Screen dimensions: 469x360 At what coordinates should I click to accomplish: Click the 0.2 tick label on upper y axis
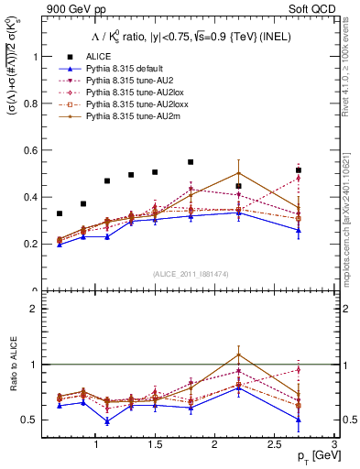(33, 245)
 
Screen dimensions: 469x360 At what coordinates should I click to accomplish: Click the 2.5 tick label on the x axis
(273, 444)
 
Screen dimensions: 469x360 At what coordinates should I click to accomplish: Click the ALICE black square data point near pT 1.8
(191, 162)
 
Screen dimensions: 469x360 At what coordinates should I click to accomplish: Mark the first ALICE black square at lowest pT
(60, 213)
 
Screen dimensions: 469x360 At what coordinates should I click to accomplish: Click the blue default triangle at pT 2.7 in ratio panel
(298, 420)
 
